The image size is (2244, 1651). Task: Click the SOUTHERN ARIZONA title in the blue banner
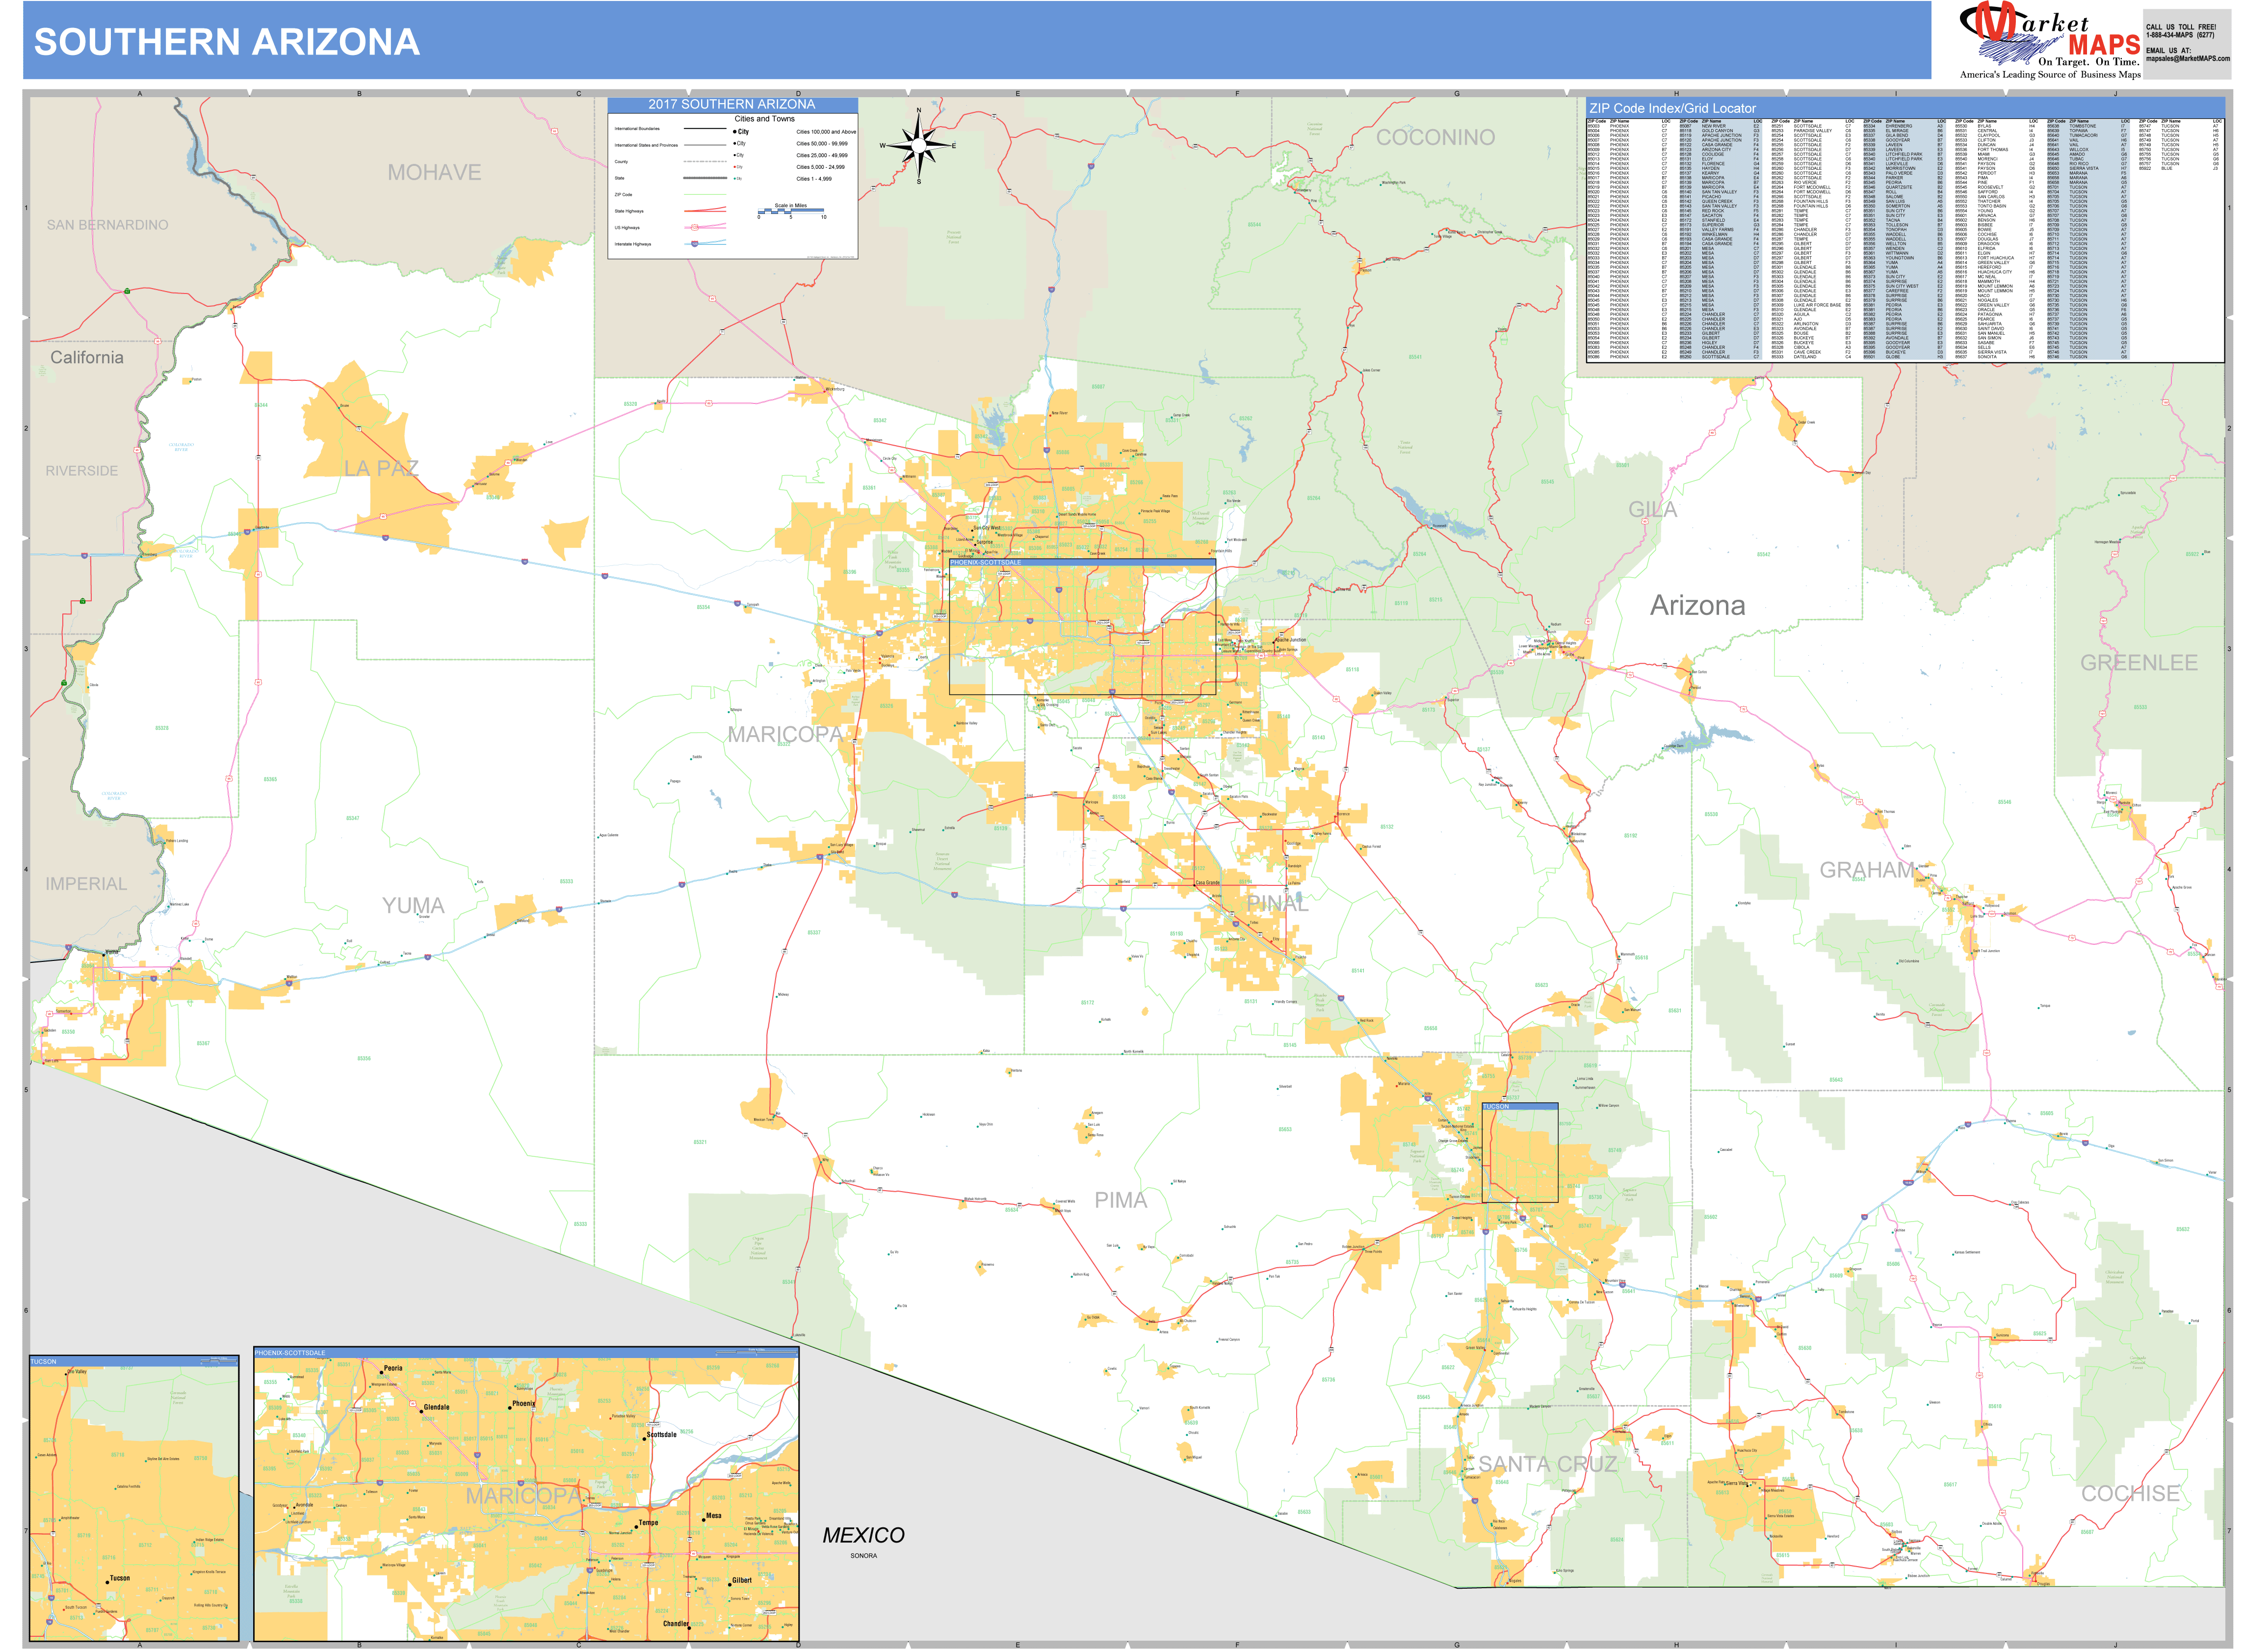click(x=227, y=42)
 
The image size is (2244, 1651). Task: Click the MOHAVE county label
click(x=434, y=173)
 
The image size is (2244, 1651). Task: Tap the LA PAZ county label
click(x=381, y=469)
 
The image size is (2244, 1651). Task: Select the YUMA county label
click(x=413, y=905)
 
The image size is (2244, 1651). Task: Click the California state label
click(x=87, y=358)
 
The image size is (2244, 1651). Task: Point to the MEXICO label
click(x=863, y=1535)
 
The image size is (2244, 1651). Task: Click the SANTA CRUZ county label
click(x=1547, y=1464)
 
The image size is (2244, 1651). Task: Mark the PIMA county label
click(x=1120, y=1200)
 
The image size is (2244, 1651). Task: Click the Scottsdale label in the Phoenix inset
click(x=661, y=1434)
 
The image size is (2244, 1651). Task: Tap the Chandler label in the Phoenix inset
click(x=676, y=1623)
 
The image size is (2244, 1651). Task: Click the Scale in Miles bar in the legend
click(x=790, y=211)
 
